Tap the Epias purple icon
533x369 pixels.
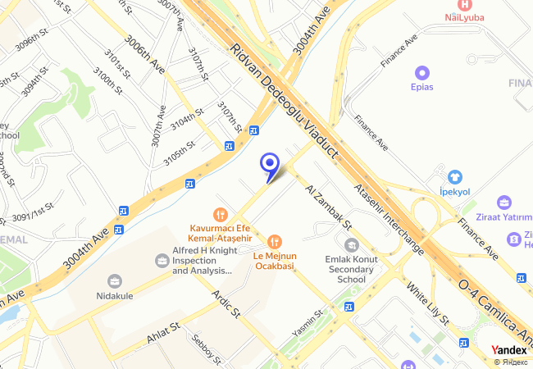tap(422, 72)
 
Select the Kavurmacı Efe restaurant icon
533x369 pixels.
tap(219, 213)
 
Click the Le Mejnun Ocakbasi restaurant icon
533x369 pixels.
tap(274, 242)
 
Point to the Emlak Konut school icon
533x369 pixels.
tap(352, 244)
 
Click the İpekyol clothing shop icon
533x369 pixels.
tap(454, 176)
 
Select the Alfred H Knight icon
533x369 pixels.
tap(162, 261)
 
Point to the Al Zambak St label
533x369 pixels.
tap(327, 206)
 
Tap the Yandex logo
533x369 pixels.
tap(509, 350)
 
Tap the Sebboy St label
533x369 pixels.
tap(204, 348)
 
